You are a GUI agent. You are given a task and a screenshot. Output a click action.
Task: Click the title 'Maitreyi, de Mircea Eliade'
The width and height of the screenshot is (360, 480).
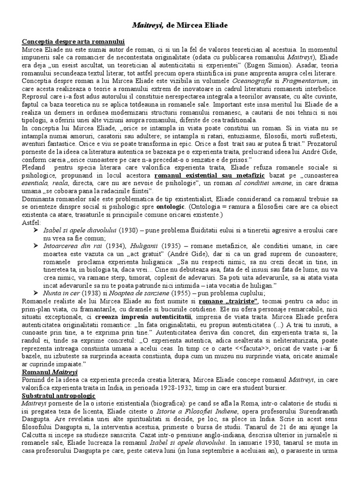coord(180,25)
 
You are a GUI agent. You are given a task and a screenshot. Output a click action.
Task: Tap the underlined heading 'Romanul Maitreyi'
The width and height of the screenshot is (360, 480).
coord(50,372)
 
